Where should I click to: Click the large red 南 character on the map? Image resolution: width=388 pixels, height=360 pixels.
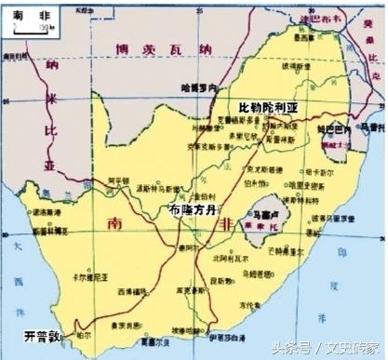click(114, 223)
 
